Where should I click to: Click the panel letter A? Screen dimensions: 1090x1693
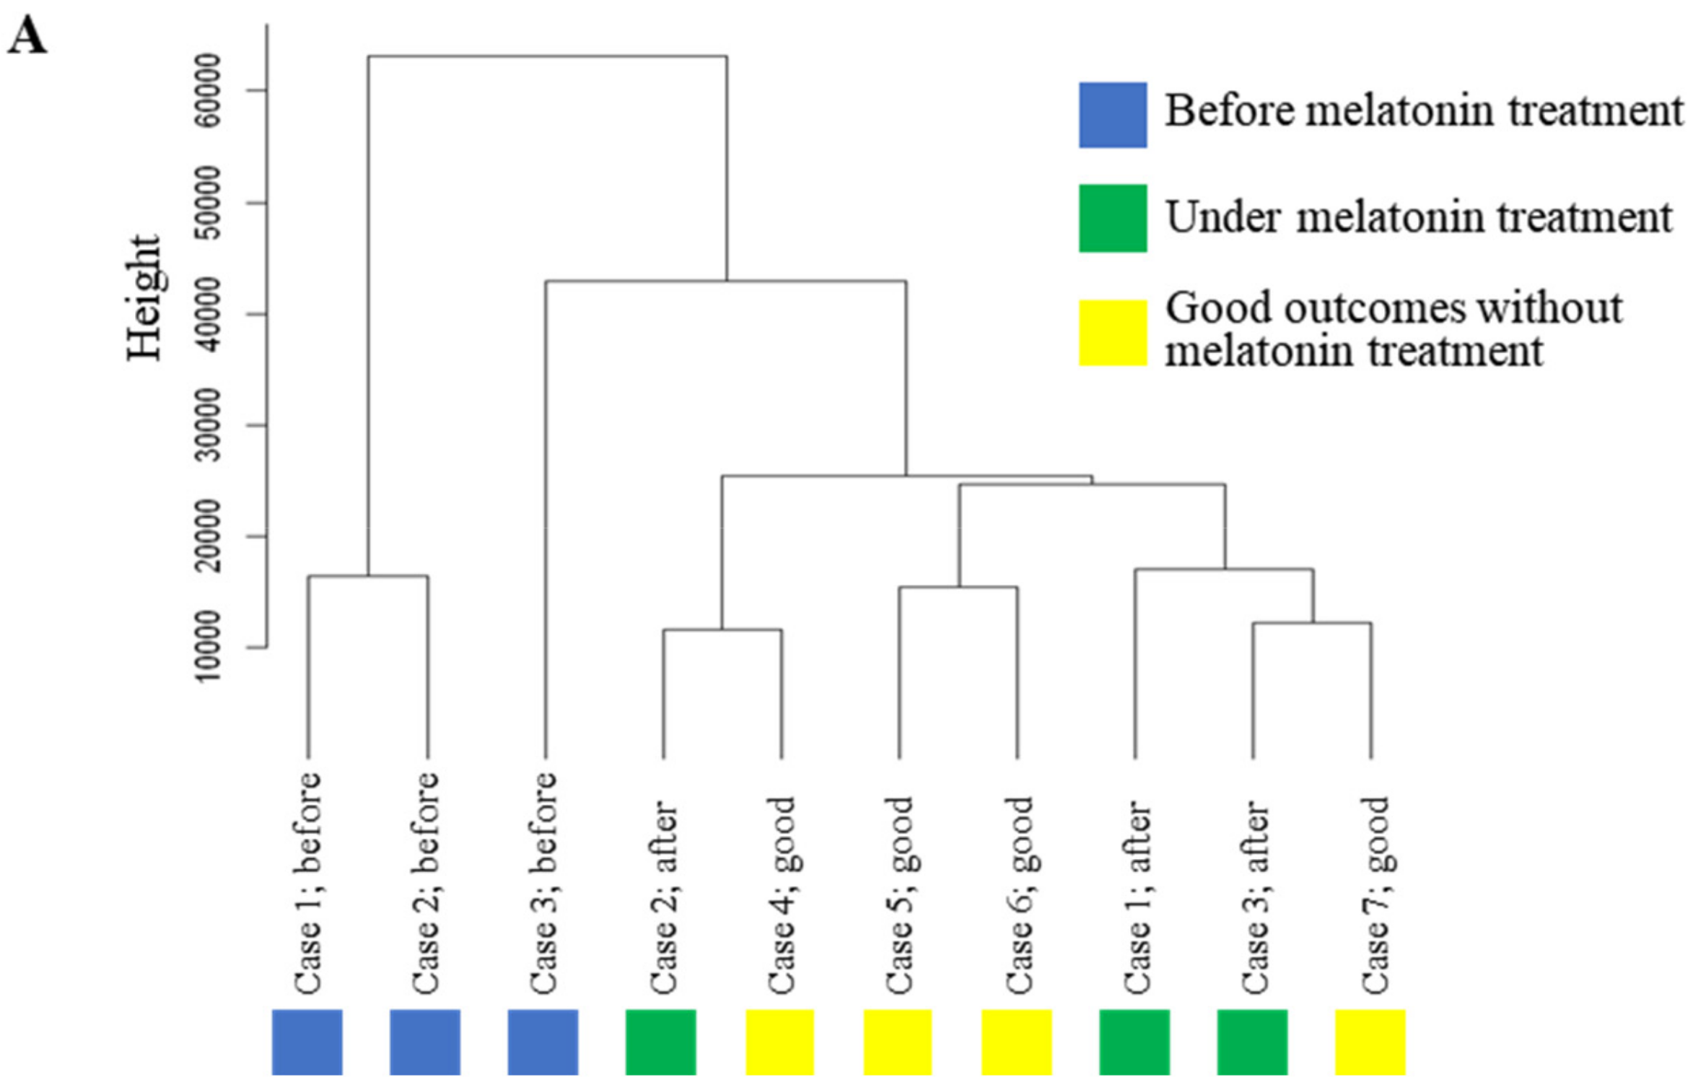click(x=27, y=36)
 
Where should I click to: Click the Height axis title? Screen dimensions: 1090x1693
click(x=144, y=297)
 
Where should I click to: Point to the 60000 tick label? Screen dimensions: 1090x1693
click(x=209, y=90)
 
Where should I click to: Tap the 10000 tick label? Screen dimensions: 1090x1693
click(x=209, y=646)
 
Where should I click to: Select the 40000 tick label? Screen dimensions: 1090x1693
click(x=209, y=314)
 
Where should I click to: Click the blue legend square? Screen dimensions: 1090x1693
click(x=1112, y=115)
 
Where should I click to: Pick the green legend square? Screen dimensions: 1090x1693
click(x=1112, y=218)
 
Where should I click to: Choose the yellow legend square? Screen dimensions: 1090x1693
click(x=1112, y=333)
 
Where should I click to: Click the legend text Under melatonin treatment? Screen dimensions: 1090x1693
click(x=1418, y=217)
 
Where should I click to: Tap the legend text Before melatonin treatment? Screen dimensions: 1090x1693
click(x=1423, y=111)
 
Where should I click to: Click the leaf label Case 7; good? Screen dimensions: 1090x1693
click(x=1374, y=894)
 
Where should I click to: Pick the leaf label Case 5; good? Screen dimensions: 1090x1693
click(x=898, y=894)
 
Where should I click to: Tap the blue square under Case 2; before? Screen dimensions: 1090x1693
click(x=425, y=1042)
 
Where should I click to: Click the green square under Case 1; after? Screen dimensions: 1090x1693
click(x=1134, y=1042)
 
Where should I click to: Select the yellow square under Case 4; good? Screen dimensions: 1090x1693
click(x=779, y=1042)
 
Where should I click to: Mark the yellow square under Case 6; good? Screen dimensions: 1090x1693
click(x=1016, y=1042)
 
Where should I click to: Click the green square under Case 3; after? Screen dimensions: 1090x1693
click(x=1252, y=1042)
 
